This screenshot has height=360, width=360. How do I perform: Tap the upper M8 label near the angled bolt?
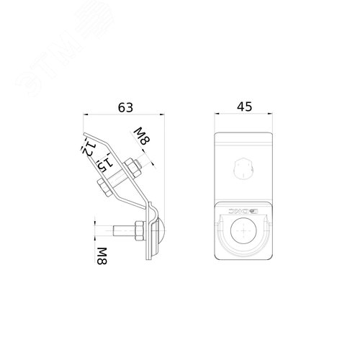[x=142, y=137]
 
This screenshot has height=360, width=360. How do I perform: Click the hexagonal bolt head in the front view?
[x=243, y=170]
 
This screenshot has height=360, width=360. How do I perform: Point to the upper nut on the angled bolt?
[x=132, y=168]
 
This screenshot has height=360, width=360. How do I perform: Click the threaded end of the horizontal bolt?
[x=104, y=231]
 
